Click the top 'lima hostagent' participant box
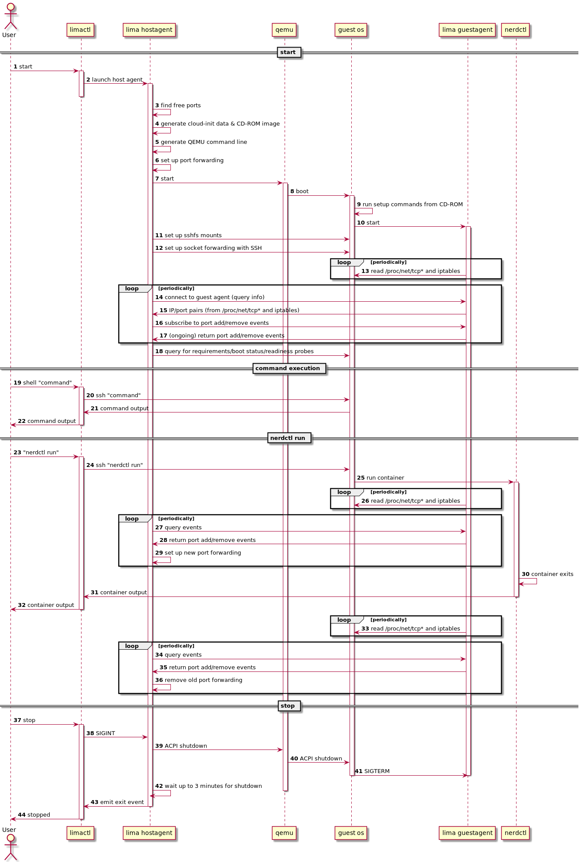[149, 30]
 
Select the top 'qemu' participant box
[284, 30]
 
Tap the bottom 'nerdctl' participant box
[515, 833]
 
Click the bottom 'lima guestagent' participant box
[467, 833]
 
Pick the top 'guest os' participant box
[351, 30]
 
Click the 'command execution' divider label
[288, 368]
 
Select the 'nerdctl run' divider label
[288, 438]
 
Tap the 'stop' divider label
[288, 706]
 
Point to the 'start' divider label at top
[288, 52]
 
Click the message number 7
[157, 179]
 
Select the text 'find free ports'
[180, 106]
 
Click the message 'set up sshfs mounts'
[193, 235]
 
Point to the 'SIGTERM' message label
[377, 771]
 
